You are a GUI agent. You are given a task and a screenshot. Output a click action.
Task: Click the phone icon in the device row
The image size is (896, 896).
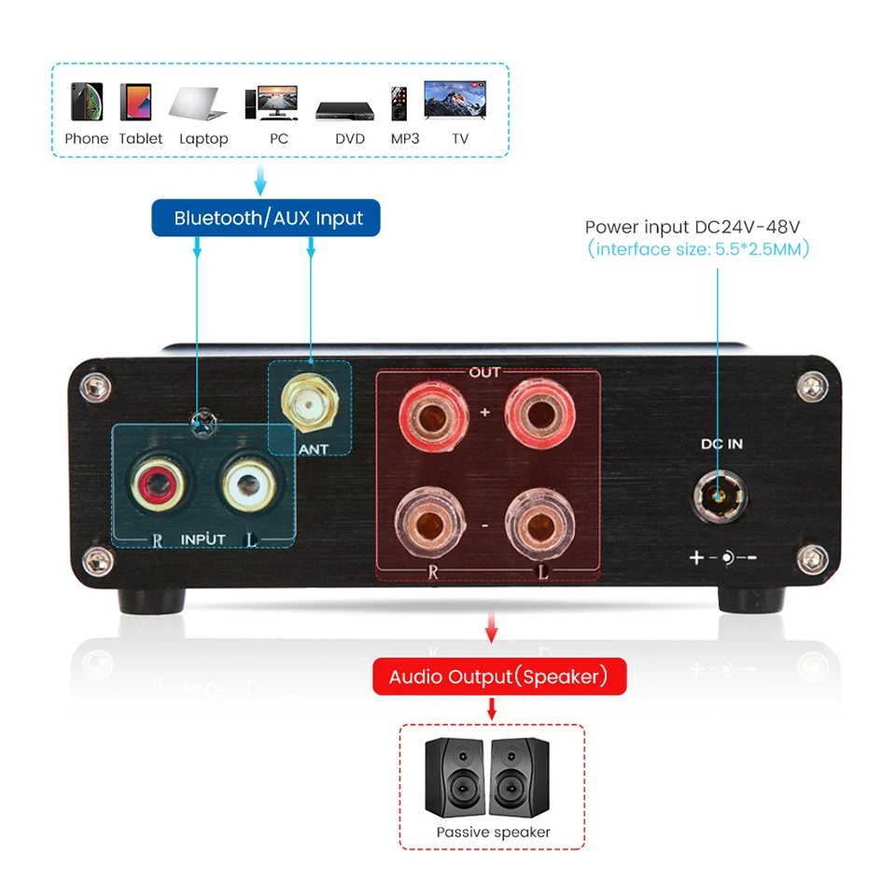point(86,102)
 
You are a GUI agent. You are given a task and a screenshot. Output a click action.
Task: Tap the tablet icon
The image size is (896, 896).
point(136,102)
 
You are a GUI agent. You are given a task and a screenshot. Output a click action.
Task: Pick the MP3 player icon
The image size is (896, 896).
point(399,104)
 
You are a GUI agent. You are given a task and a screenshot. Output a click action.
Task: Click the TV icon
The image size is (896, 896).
point(455,100)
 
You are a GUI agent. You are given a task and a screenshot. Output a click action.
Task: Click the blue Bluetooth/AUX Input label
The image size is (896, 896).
point(267,218)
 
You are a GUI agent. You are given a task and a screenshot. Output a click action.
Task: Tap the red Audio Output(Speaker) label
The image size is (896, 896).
point(498,677)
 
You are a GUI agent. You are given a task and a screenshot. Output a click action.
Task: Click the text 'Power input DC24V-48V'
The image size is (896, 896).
point(693,227)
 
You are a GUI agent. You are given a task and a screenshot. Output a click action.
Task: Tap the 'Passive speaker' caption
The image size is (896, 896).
point(493,832)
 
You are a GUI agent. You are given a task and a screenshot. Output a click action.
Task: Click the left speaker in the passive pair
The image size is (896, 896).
point(455,777)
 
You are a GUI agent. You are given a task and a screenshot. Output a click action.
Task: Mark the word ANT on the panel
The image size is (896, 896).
point(315,450)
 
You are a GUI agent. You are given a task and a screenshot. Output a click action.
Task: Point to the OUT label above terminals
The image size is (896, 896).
point(485,372)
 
